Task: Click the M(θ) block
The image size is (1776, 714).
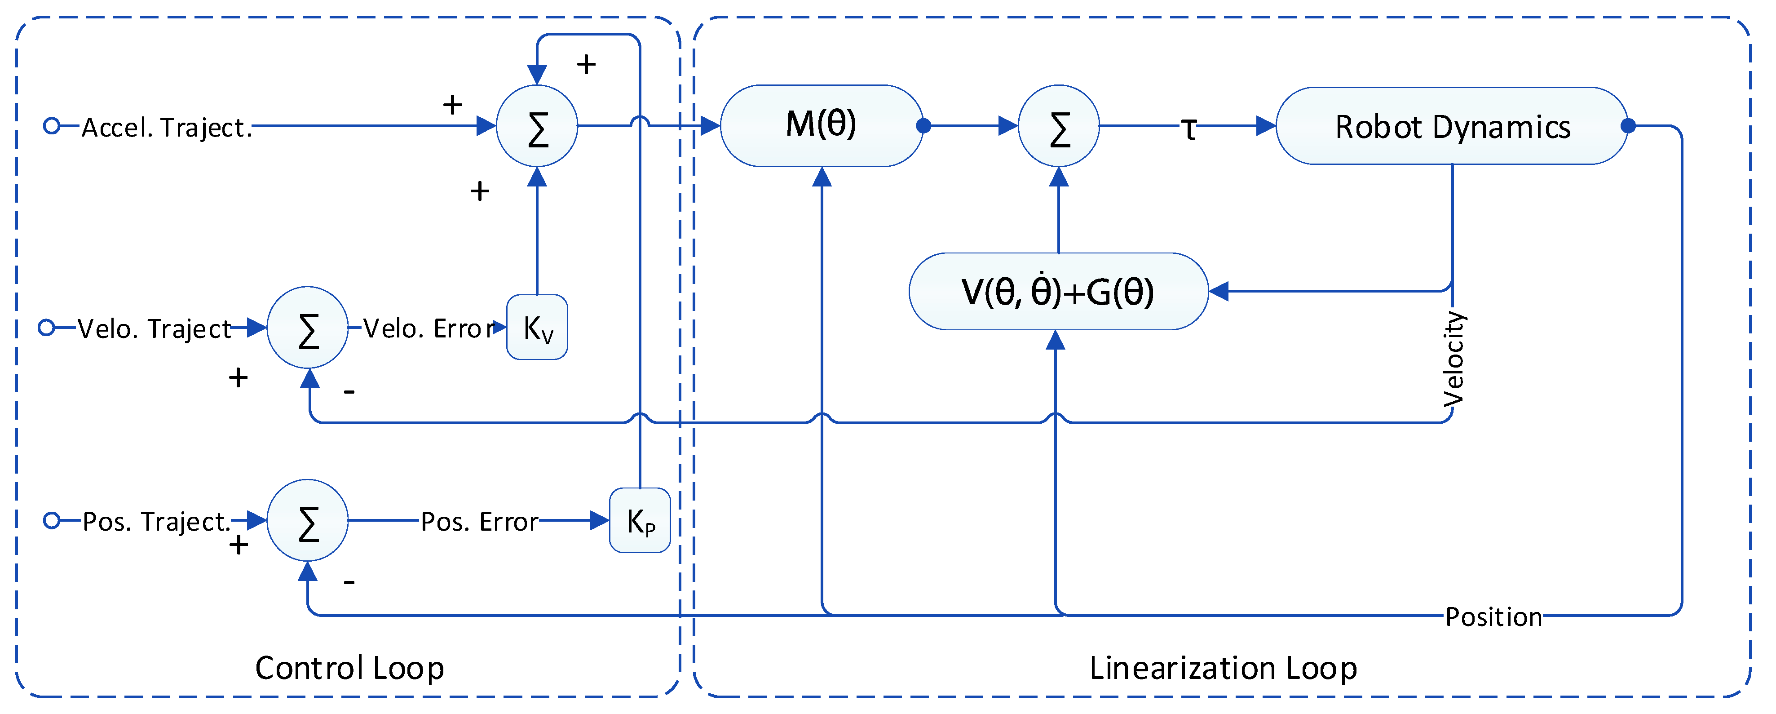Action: [821, 125]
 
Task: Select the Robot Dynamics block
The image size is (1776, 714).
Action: [1452, 126]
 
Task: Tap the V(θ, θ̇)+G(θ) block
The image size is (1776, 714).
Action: [1058, 291]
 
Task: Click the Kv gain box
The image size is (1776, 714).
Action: [537, 327]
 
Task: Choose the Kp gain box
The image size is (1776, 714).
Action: [640, 520]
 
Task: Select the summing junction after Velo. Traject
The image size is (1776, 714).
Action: [308, 328]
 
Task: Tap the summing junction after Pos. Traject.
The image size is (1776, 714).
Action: [308, 520]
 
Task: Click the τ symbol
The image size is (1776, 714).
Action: [1188, 129]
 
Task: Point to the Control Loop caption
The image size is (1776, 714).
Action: [349, 668]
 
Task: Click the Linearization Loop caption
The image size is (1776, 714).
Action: [1223, 668]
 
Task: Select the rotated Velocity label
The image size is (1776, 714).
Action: [1453, 359]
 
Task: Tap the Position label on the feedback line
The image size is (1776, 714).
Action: [1493, 616]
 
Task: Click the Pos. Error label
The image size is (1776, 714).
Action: [479, 522]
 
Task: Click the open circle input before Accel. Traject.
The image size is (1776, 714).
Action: [52, 125]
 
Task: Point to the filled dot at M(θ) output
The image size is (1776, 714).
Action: [924, 125]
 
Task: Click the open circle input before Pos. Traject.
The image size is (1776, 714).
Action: [52, 520]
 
